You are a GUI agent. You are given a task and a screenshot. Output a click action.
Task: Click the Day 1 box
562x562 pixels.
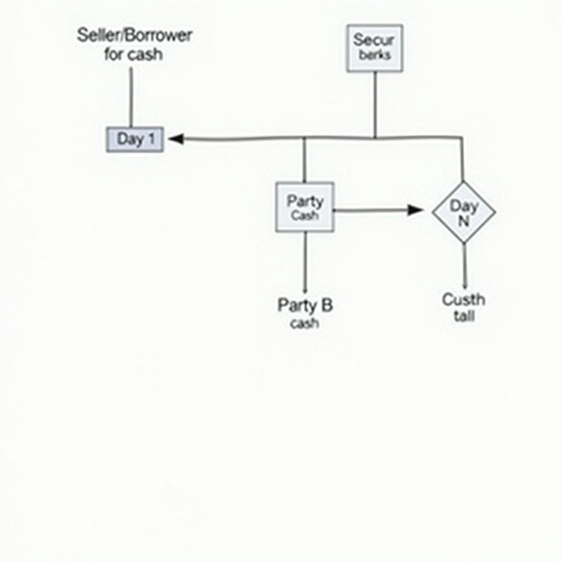click(134, 139)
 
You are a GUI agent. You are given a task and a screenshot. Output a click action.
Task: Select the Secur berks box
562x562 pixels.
click(375, 48)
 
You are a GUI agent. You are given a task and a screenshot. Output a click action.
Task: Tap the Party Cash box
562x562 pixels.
click(305, 207)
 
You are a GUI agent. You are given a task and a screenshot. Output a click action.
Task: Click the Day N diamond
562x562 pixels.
click(464, 212)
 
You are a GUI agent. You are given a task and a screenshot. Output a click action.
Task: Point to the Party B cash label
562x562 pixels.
click(305, 313)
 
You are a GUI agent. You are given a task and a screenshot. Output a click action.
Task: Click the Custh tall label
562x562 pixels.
click(464, 307)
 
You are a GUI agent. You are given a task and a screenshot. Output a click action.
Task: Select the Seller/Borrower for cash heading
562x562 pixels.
click(134, 44)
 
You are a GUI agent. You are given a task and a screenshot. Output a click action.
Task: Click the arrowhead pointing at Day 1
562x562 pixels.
click(176, 139)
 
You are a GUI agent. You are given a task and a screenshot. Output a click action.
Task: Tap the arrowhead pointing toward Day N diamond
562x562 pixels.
click(415, 210)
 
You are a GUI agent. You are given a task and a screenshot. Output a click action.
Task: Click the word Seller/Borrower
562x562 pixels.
click(134, 36)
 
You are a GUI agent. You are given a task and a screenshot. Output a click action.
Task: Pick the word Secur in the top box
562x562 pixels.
click(374, 40)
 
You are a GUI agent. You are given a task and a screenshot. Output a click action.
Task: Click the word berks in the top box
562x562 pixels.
click(375, 55)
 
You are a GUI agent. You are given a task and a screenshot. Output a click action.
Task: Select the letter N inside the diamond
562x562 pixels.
click(464, 222)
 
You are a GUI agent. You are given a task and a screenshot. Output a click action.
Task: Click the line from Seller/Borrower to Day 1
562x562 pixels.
click(131, 96)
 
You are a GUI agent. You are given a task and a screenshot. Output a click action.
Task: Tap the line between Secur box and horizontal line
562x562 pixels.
click(375, 104)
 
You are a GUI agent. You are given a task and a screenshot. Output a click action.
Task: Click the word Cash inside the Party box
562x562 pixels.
click(305, 216)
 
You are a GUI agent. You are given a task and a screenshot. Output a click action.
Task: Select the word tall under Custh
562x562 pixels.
click(464, 316)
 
